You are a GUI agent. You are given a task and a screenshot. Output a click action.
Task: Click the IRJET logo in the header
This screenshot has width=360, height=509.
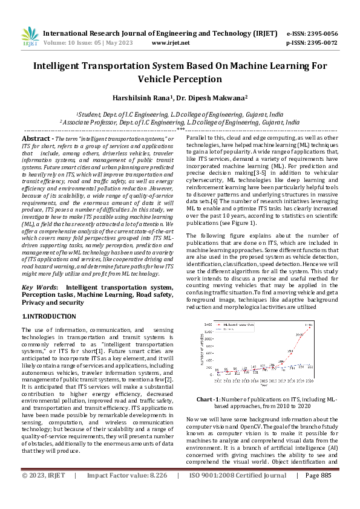[30, 37]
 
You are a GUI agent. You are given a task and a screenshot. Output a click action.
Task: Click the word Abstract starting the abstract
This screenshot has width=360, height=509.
[36, 138]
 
